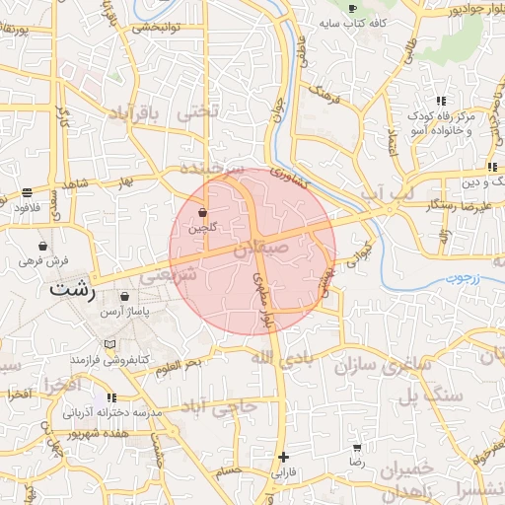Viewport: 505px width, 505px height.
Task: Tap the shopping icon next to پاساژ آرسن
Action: pos(124,296)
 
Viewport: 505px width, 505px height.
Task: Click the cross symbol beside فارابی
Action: pos(283,457)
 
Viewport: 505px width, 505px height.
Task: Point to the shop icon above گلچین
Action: pos(202,212)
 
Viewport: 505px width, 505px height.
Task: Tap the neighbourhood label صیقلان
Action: pos(260,252)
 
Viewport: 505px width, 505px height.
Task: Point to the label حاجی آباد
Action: pos(221,405)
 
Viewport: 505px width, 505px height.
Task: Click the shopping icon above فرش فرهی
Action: pos(42,246)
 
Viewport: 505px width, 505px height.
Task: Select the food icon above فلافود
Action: pos(26,192)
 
